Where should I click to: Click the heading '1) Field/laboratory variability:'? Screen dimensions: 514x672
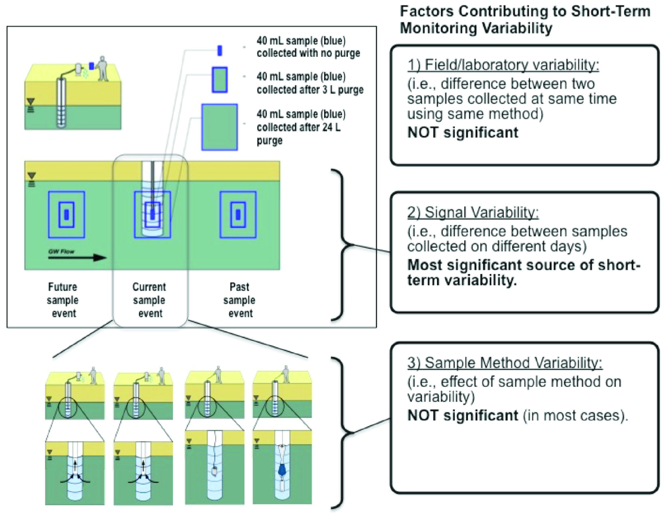coord(503,65)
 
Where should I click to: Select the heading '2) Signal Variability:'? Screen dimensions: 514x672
coord(473,212)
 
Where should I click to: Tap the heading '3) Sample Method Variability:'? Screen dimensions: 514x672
coord(505,363)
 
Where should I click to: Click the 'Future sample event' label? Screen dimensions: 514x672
coord(63,300)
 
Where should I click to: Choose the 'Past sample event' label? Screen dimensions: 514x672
coord(240,300)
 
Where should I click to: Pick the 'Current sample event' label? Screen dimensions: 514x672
coord(149,300)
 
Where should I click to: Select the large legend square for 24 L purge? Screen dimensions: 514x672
coord(219,127)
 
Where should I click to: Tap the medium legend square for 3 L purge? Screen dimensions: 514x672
coord(220,80)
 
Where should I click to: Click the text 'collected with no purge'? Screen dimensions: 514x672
coord(308,53)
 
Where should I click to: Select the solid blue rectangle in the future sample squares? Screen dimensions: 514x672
coord(66,215)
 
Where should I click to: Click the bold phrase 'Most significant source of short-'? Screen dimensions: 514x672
coord(524,265)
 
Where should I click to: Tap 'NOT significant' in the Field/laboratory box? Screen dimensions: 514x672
coord(463,133)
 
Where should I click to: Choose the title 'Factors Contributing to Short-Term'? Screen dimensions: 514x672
coord(525,12)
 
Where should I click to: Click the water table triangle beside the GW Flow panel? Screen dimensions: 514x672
coord(31,176)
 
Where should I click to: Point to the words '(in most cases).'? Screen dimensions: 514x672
coord(575,415)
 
